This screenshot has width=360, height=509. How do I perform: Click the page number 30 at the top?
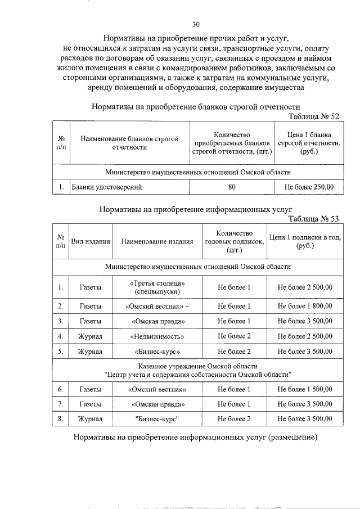click(x=196, y=24)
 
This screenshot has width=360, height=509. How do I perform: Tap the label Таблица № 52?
click(x=314, y=116)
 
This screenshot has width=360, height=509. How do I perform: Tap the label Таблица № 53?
click(x=314, y=219)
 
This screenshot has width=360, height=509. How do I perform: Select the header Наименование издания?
click(x=157, y=241)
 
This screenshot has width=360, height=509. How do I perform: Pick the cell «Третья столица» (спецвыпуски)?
click(x=157, y=288)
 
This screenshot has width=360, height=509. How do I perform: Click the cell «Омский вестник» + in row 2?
click(x=157, y=307)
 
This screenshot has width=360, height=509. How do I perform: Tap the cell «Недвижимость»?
click(x=157, y=337)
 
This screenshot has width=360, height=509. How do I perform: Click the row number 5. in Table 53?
click(x=60, y=352)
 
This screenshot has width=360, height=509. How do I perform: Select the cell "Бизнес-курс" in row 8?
click(x=157, y=419)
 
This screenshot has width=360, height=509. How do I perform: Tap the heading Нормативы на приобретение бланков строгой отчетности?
click(x=196, y=107)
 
